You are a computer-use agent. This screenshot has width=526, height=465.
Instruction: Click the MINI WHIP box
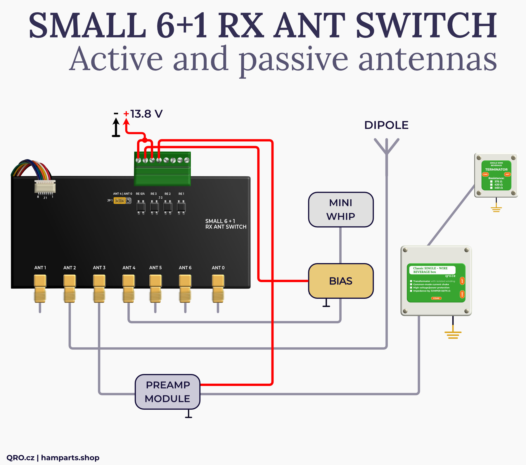pos(341,210)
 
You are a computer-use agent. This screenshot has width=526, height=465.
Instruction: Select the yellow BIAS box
pos(341,281)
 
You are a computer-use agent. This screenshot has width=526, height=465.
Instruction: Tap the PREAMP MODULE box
pos(167,392)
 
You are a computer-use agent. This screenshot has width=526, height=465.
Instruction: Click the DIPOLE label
pos(386,125)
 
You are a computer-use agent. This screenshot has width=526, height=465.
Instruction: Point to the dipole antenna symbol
pos(386,146)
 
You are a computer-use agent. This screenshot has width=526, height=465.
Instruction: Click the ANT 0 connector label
pos(218,268)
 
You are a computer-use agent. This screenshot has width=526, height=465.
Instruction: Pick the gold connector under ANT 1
pos(40,288)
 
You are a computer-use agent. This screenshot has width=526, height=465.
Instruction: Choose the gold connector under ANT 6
pos(185,288)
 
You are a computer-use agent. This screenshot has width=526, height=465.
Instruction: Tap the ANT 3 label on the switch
pos(99,268)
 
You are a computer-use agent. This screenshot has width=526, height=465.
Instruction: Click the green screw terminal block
pos(162,169)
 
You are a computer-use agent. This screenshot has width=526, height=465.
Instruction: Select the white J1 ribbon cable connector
pos(45,187)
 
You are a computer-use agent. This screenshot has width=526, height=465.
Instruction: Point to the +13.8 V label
pos(146,114)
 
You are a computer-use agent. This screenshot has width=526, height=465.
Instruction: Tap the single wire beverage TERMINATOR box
pos(496,175)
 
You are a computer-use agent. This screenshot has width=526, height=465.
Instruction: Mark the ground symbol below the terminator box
pos(496,209)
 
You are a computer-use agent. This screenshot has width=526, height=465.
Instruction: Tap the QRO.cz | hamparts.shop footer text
pos(53,458)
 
